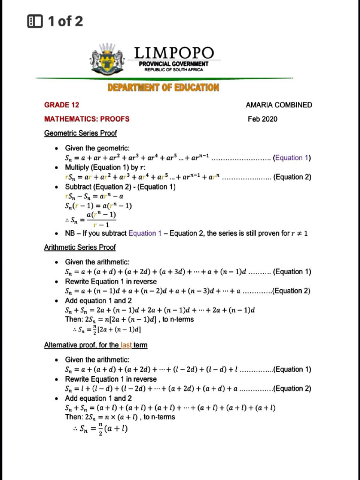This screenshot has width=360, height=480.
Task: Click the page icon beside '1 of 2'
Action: pos(35,21)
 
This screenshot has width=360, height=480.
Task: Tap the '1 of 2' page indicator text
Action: pos(65,21)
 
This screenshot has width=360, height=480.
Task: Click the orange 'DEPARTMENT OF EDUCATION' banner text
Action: pos(163,87)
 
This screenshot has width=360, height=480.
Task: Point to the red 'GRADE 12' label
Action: pos(61,105)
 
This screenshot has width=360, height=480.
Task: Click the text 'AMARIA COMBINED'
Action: pos(278,105)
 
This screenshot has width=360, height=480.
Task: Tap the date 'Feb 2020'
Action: pos(262,119)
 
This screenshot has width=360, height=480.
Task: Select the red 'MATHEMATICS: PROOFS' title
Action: pos(87,119)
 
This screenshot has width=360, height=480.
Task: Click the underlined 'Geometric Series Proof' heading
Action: pos(80,133)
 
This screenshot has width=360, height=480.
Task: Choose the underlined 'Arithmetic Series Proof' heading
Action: pos(80,247)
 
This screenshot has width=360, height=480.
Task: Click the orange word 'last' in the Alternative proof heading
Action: pos(126,345)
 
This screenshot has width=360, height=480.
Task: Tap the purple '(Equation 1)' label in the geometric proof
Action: pos(292,157)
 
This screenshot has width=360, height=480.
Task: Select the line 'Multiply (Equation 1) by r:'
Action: pos(105,167)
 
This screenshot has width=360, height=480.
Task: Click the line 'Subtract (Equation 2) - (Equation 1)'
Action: pos(120,187)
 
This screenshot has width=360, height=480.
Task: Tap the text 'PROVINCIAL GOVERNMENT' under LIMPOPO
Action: pos(173,64)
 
